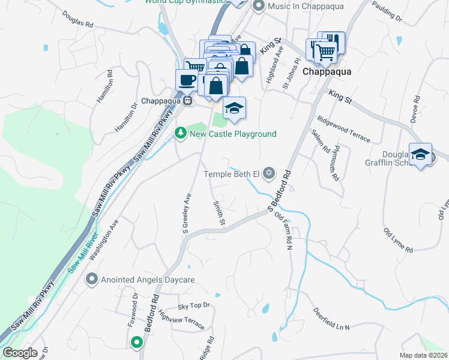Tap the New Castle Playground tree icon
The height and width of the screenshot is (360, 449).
pyautogui.click(x=179, y=133)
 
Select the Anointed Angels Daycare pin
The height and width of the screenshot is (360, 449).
pyautogui.click(x=92, y=280)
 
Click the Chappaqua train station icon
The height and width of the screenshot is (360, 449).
pyautogui.click(x=188, y=101)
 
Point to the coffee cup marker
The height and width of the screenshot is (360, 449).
pyautogui.click(x=186, y=80)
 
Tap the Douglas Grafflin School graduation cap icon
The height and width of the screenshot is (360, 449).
pyautogui.click(x=421, y=154)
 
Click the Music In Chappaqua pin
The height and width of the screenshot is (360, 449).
pyautogui.click(x=259, y=7)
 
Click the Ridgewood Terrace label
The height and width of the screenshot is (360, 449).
pyautogui.click(x=344, y=129)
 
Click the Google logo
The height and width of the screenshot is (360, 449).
pyautogui.click(x=19, y=353)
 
